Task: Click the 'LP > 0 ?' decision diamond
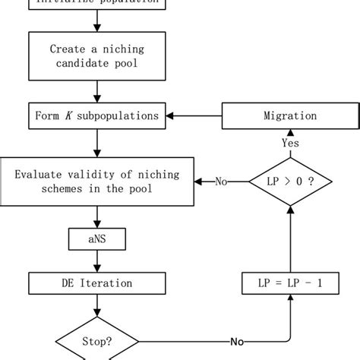[289, 182]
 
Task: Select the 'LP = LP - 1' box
[289, 283]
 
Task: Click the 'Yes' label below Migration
[289, 142]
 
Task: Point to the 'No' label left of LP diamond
[222, 182]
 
